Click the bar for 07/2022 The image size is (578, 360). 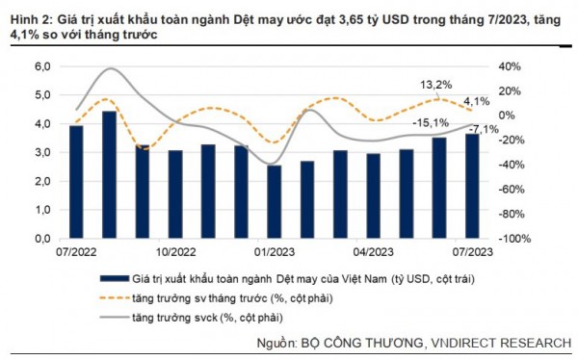click(76, 182)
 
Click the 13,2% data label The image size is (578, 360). click(436, 85)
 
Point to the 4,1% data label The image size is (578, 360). click(477, 101)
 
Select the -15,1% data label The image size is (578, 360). click(430, 123)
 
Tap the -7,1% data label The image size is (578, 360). click(484, 129)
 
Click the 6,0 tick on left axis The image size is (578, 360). click(42, 66)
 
